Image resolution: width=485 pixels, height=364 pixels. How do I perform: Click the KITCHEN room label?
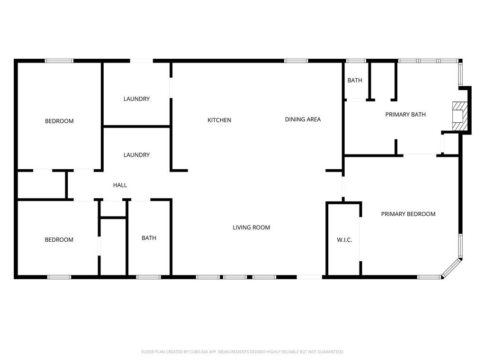point(219,120)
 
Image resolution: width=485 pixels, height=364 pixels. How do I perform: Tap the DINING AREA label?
point(303,119)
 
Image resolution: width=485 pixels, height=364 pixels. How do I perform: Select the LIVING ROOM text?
point(251,227)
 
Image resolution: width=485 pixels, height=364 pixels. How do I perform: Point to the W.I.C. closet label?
point(344,240)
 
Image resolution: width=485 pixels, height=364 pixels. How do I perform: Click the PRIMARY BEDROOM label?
point(408,214)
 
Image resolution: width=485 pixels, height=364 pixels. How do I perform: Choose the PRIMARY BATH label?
point(405,115)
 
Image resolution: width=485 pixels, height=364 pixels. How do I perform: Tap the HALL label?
point(120,185)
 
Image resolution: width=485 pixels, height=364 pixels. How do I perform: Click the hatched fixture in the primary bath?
point(459,117)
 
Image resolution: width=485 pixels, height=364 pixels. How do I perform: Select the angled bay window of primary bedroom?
point(451,267)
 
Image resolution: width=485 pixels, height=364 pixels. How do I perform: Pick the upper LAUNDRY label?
point(136,99)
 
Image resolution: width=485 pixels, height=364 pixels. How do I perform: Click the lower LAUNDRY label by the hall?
point(136,155)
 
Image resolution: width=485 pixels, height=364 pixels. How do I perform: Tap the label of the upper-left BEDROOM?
point(59,121)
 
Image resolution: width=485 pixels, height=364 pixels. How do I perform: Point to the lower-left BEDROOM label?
point(59,239)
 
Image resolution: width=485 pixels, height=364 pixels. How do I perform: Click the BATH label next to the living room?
point(149,238)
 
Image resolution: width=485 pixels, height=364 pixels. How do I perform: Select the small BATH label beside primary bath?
point(355,81)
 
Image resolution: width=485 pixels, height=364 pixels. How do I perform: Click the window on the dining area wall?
point(296,61)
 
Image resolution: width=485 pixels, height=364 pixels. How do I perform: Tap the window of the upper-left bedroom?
point(59,61)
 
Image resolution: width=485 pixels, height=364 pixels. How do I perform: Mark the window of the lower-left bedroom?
point(59,277)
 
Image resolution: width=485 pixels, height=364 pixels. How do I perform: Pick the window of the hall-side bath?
point(148,277)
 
